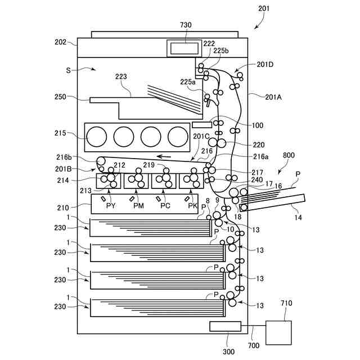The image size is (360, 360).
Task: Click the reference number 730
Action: point(186,25)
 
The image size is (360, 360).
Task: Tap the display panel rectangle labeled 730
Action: point(184,48)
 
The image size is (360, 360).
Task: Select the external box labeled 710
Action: point(279,332)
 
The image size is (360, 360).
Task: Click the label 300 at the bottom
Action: point(228,352)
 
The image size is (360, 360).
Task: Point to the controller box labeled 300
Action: point(225,326)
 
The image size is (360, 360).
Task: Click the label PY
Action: point(111,205)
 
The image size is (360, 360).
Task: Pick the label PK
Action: point(192,205)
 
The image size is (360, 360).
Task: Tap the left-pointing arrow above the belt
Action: point(164,157)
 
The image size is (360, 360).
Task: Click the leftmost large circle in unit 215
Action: point(97,137)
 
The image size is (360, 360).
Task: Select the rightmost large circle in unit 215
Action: point(178,137)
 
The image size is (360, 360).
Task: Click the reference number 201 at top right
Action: point(264,8)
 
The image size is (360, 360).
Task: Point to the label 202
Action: point(60,42)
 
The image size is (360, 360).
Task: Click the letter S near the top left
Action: point(68,70)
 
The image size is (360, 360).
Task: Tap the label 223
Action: point(121,76)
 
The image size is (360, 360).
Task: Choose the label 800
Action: point(289,155)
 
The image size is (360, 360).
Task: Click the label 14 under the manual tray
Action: point(298,217)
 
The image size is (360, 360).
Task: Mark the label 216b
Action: point(64,157)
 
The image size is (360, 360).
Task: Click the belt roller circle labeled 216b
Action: point(101,161)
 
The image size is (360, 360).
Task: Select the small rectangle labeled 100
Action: point(202,125)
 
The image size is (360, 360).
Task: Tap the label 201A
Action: point(273,97)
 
